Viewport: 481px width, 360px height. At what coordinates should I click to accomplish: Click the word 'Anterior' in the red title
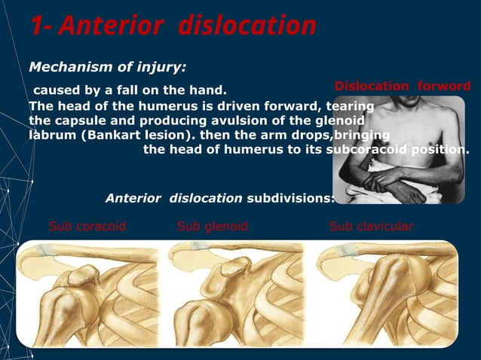109,26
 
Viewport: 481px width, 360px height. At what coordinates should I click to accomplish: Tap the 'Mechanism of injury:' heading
107,67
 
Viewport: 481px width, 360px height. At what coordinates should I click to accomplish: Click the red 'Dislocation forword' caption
402,86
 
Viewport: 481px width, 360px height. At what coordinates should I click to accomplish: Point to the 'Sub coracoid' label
87,226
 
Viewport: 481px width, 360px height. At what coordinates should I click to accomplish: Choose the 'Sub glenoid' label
212,226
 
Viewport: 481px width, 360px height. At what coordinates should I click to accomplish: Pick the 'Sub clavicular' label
371,226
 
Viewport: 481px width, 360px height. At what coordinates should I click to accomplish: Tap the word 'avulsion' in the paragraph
240,121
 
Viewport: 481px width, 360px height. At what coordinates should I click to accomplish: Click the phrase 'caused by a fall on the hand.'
129,91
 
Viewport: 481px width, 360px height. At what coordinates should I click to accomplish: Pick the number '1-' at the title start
41,26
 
